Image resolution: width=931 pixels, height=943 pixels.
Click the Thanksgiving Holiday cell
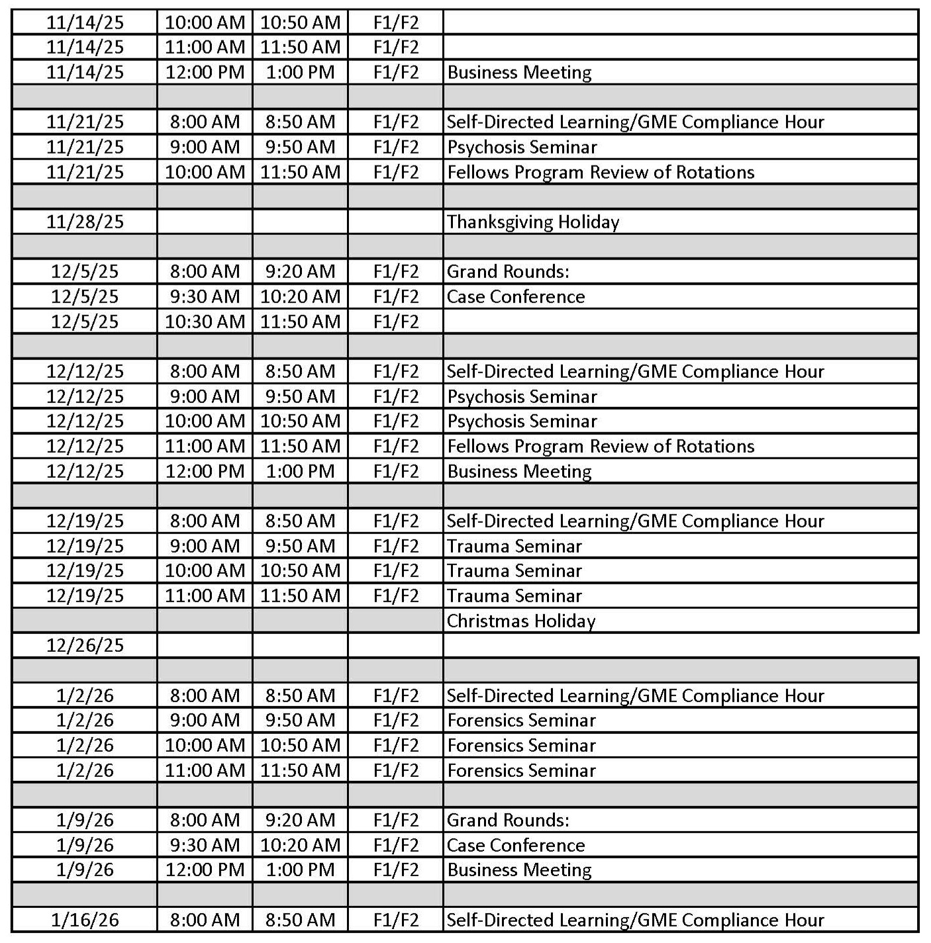coord(533,222)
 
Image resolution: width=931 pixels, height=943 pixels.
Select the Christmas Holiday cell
coord(521,621)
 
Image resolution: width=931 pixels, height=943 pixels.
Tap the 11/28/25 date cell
coord(85,222)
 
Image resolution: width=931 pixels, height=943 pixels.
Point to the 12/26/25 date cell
coord(85,645)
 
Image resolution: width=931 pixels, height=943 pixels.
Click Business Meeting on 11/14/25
coord(519,72)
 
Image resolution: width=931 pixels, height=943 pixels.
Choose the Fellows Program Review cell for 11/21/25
coord(601,172)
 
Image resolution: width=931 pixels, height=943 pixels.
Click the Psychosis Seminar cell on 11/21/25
coord(522,147)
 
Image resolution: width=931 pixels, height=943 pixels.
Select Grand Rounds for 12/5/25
coord(508,271)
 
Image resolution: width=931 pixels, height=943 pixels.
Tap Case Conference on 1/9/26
coord(516,845)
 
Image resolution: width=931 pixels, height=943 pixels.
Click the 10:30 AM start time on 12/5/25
coord(205,322)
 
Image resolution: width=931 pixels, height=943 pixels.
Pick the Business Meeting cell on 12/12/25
coord(519,471)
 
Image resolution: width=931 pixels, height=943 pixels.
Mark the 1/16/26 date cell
coord(85,920)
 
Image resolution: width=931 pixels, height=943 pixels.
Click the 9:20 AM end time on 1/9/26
coord(300,820)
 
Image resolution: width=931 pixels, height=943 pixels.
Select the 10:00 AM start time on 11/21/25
coord(205,172)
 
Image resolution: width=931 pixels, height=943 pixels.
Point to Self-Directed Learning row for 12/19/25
coord(635,521)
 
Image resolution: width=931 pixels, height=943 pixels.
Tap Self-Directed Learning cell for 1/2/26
coord(635,696)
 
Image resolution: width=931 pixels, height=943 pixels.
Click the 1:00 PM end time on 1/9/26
coord(300,870)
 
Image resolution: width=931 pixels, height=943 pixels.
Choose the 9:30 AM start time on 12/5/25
coord(205,296)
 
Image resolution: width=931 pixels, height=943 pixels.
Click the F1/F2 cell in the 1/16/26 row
coord(396,920)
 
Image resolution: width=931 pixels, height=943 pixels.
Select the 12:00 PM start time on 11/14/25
coord(205,72)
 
